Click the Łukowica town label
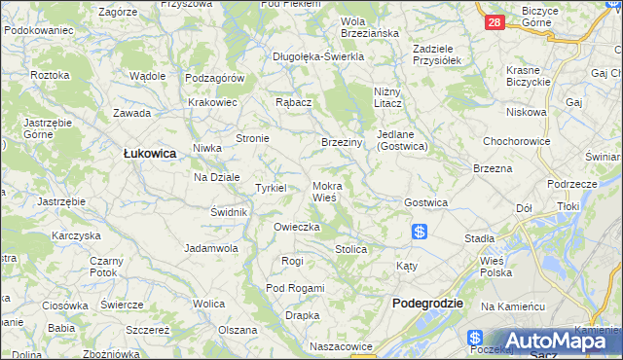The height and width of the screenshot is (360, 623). (149, 152)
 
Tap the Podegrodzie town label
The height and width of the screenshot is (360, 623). (427, 304)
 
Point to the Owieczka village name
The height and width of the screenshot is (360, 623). (297, 227)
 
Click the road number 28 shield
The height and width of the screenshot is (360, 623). (495, 21)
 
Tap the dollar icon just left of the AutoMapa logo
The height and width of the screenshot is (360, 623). (475, 338)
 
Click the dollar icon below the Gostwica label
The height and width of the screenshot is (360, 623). (420, 232)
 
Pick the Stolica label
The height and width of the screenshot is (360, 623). (350, 249)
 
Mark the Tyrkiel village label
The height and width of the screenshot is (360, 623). (270, 188)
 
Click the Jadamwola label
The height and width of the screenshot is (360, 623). (212, 248)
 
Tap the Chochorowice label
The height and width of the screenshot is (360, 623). (515, 140)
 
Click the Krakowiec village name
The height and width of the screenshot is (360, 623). (213, 102)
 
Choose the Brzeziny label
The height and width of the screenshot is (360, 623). (342, 142)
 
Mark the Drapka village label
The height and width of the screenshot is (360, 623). (303, 315)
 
